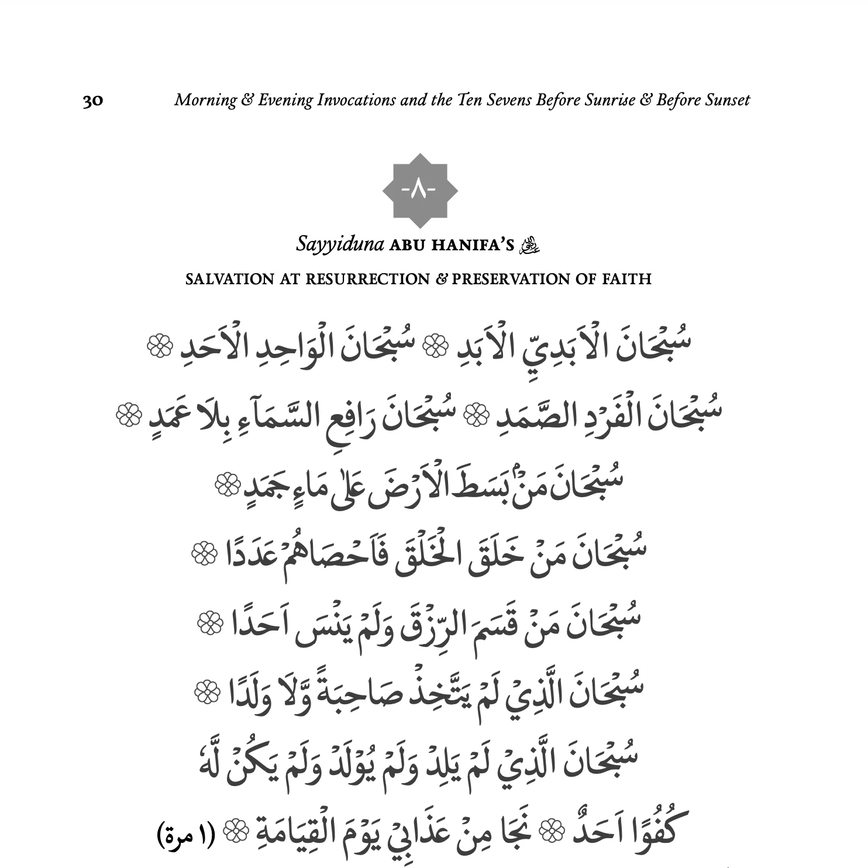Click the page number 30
click(93, 101)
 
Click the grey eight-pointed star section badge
click(420, 191)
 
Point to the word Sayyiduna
click(339, 244)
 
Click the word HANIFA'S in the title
click(472, 245)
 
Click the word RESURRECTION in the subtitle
click(367, 279)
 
